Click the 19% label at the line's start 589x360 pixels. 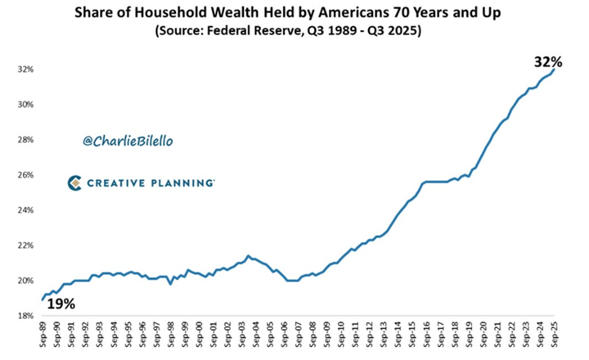[x=59, y=304]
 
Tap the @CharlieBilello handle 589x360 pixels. [x=128, y=142]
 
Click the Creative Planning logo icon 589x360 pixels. [x=74, y=182]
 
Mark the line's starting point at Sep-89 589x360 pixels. [x=42, y=299]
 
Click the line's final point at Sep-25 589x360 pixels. [x=556, y=70]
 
